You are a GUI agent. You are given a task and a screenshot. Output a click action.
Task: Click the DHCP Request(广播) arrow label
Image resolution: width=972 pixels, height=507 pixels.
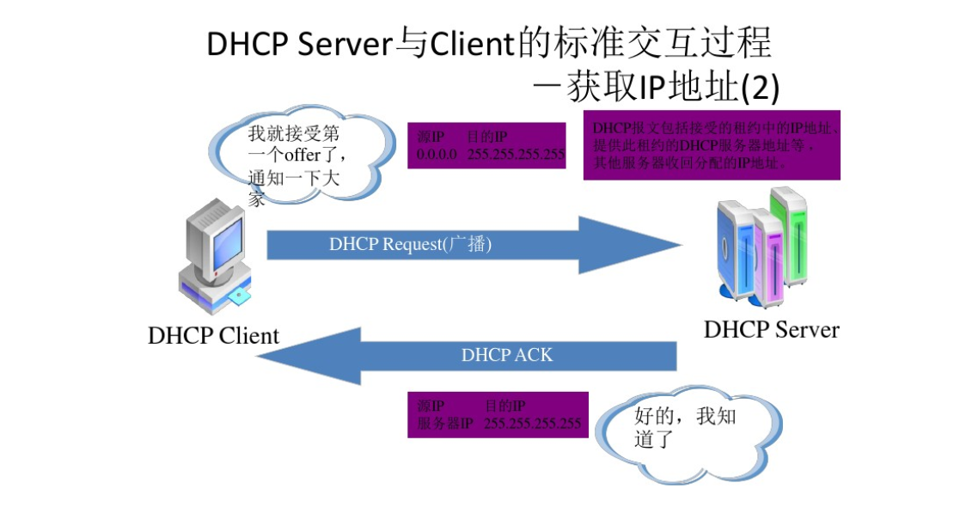pyautogui.click(x=410, y=244)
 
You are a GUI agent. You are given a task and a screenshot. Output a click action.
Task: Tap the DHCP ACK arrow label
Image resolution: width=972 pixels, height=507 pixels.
pyautogui.click(x=507, y=354)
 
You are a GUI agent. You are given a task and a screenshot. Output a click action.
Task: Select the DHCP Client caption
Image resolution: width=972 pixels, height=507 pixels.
pyautogui.click(x=213, y=334)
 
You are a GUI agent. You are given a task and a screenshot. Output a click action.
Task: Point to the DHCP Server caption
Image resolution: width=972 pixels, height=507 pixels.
pyautogui.click(x=771, y=329)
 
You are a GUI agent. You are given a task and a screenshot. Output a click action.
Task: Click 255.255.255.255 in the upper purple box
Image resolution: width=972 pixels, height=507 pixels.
pyautogui.click(x=516, y=156)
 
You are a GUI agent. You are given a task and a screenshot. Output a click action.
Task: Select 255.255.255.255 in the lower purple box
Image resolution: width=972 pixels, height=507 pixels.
pyautogui.click(x=532, y=424)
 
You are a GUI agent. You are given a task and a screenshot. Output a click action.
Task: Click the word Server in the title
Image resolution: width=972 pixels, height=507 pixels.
pyautogui.click(x=345, y=44)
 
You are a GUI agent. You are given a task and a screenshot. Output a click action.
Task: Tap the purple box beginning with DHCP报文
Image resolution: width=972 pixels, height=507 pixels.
pyautogui.click(x=712, y=144)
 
